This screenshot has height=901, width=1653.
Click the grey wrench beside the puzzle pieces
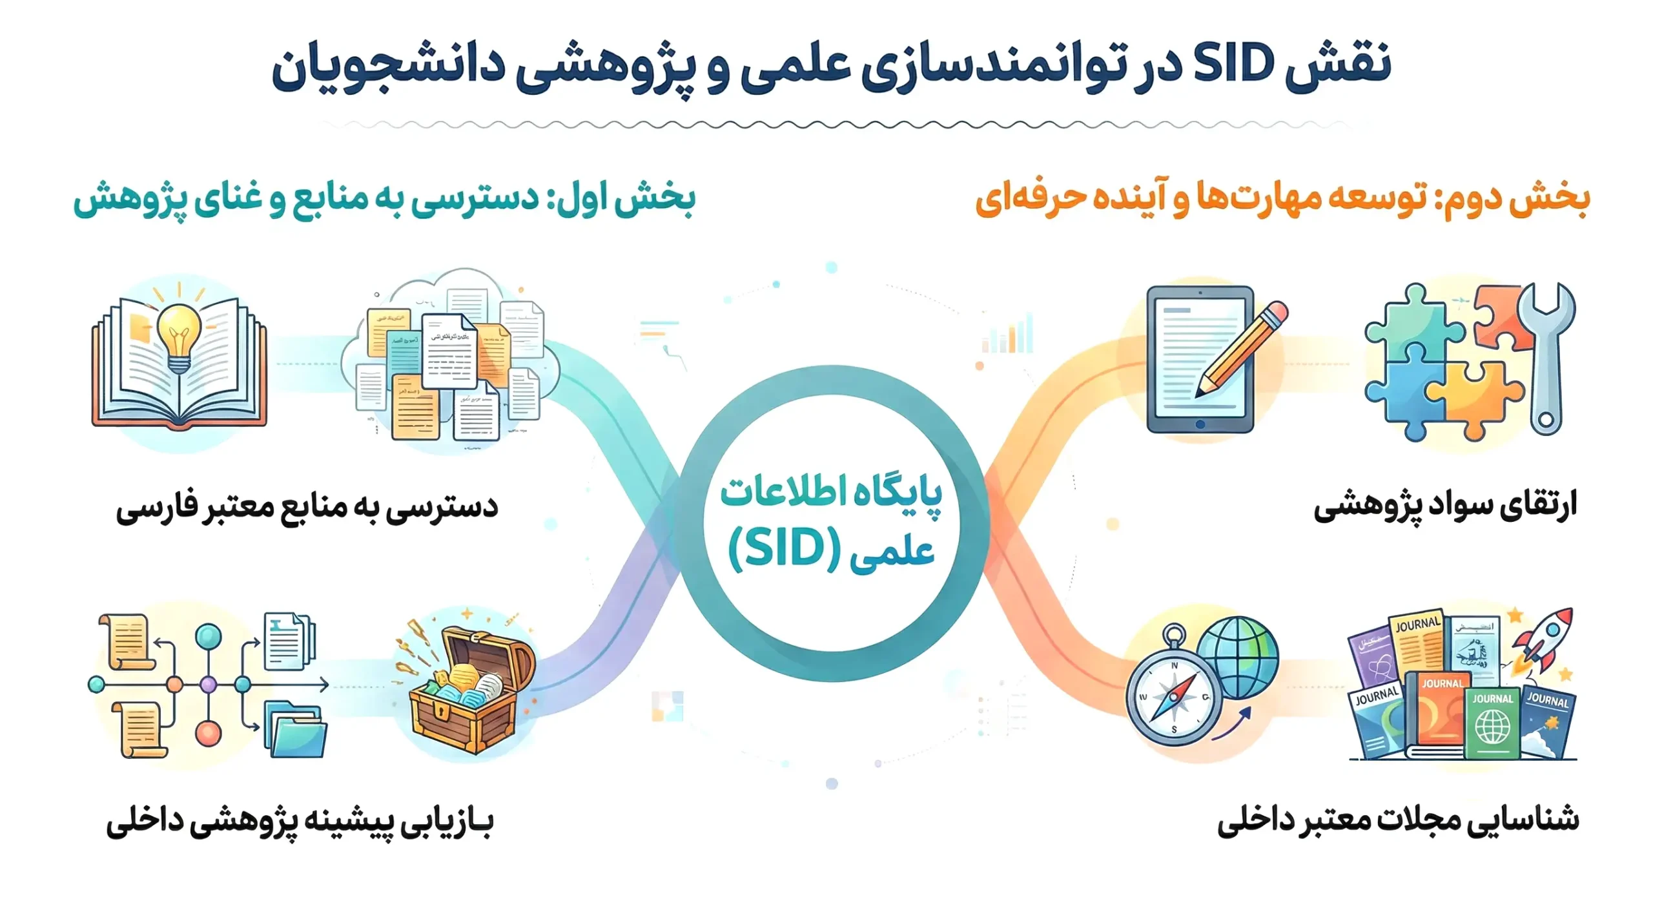(x=1547, y=358)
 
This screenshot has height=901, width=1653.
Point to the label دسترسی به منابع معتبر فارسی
(x=307, y=507)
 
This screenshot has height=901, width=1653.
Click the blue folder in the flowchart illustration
(x=296, y=733)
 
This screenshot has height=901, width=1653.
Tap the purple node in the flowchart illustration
(x=209, y=685)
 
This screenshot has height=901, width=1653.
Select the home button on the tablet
(x=1200, y=424)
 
